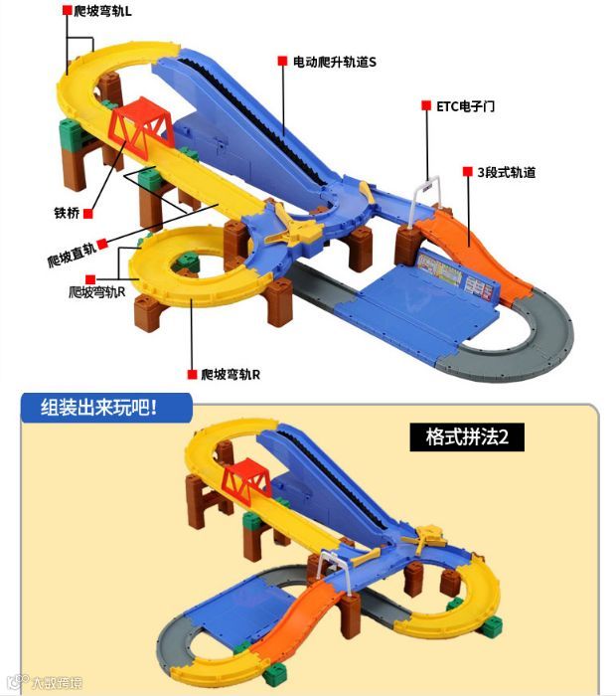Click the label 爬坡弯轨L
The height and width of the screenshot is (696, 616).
pyautogui.click(x=116, y=11)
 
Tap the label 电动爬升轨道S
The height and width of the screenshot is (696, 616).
pyautogui.click(x=334, y=62)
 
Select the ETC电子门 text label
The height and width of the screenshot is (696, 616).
pyautogui.click(x=465, y=105)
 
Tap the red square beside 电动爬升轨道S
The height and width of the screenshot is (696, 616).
pyautogui.click(x=282, y=62)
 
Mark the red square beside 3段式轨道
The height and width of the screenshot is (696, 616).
pyautogui.click(x=466, y=172)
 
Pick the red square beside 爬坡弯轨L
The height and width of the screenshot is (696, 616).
pyautogui.click(x=67, y=11)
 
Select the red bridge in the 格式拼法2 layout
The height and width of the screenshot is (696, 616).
pyautogui.click(x=244, y=479)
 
